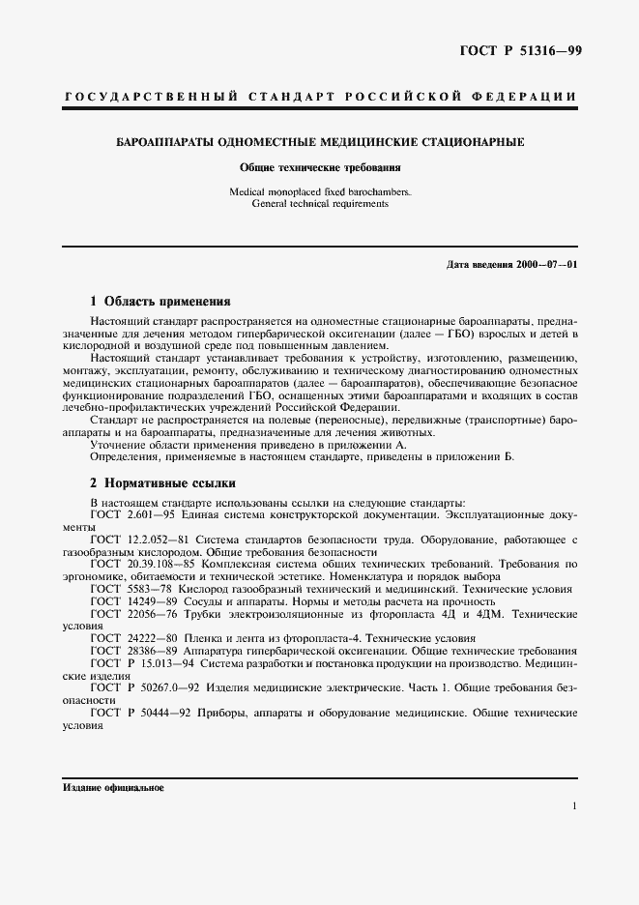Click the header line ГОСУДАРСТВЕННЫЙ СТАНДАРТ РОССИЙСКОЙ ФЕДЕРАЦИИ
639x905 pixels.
click(x=319, y=97)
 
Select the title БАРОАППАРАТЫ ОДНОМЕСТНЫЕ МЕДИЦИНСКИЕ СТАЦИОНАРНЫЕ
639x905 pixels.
click(x=320, y=142)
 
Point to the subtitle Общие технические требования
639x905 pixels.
click(x=320, y=167)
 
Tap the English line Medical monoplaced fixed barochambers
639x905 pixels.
click(x=320, y=192)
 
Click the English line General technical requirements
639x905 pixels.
click(x=320, y=204)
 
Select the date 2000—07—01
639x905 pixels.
click(x=545, y=264)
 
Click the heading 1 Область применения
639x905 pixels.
click(x=160, y=301)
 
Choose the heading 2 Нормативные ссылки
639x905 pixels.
click(x=162, y=482)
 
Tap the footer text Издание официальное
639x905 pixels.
click(x=114, y=788)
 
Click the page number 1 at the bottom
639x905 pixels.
click(x=574, y=806)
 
